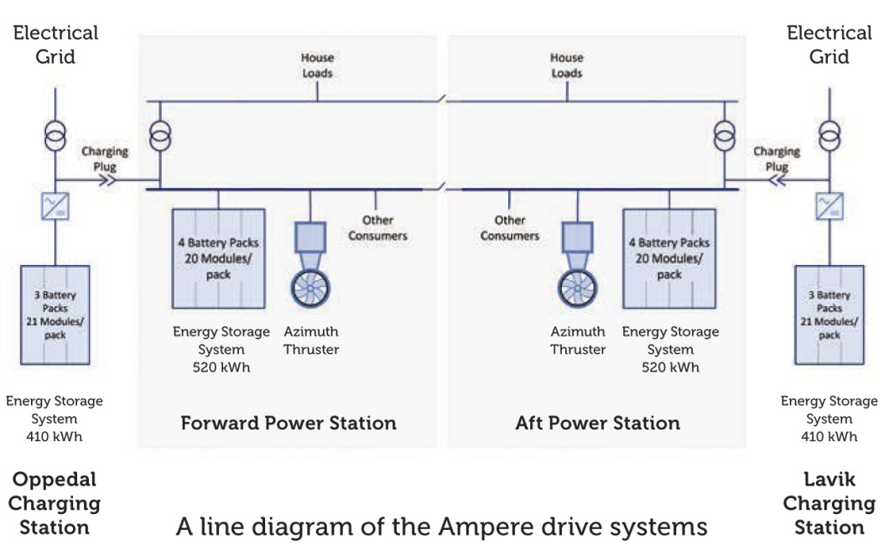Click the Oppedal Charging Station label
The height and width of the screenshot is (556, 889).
point(55,503)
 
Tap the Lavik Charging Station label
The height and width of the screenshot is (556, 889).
point(829,503)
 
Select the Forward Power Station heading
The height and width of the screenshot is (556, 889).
point(289,422)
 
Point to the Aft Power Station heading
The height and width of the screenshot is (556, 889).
point(597,422)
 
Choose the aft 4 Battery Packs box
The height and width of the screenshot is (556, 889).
point(668,258)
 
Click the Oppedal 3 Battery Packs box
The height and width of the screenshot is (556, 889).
point(54,314)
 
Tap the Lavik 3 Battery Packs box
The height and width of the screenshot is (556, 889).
point(829,314)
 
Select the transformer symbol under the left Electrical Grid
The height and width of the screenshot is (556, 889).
point(55,135)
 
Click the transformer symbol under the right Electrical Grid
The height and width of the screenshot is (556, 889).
point(829,135)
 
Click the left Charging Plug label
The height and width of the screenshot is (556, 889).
point(105,158)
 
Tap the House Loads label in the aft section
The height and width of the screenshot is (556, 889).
point(567,65)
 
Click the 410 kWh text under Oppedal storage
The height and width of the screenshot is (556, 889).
point(55,436)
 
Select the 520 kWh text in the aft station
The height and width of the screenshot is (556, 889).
point(670,366)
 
